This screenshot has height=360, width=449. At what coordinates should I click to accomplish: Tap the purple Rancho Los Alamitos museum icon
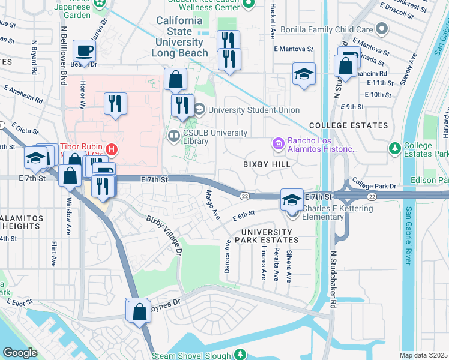tap(277, 144)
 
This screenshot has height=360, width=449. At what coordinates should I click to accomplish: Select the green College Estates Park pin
tap(394, 148)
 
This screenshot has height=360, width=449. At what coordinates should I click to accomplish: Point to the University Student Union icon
tap(199, 110)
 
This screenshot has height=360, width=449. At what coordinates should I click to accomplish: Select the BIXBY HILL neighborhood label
tap(267, 164)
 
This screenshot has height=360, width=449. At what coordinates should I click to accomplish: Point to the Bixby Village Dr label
tap(164, 235)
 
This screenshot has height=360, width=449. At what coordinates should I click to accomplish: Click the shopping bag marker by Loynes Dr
tap(139, 312)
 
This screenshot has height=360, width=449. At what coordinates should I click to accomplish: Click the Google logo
tap(20, 353)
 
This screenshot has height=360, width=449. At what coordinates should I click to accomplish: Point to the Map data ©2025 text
tap(423, 355)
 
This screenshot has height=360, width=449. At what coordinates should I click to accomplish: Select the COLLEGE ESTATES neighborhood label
tap(348, 125)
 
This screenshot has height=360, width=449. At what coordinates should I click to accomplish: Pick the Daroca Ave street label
tap(228, 257)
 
